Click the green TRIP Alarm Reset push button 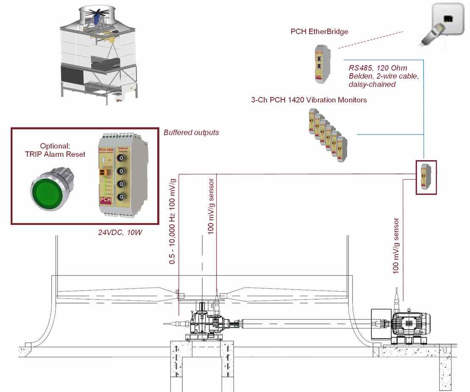tap(50, 188)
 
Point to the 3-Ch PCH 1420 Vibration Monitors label tap(309, 100)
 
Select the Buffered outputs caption tap(191, 133)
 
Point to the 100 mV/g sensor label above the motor tap(396, 245)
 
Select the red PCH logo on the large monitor tap(104, 200)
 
